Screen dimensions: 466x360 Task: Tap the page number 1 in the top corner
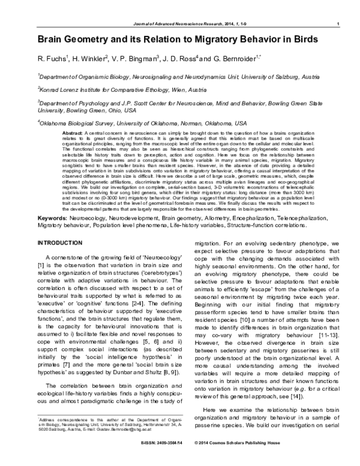pyautogui.click(x=339, y=24)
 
